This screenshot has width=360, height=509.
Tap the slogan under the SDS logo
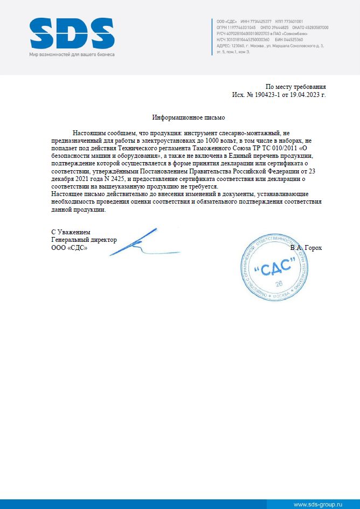[x=72, y=55]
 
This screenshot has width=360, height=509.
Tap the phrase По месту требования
[x=296, y=87]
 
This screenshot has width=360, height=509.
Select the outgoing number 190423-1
[x=265, y=94]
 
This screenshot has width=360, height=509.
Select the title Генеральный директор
[x=84, y=240]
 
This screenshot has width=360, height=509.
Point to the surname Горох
[x=313, y=248]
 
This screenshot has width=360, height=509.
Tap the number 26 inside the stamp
[x=279, y=283]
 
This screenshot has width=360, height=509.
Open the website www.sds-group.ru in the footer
[x=317, y=504]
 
